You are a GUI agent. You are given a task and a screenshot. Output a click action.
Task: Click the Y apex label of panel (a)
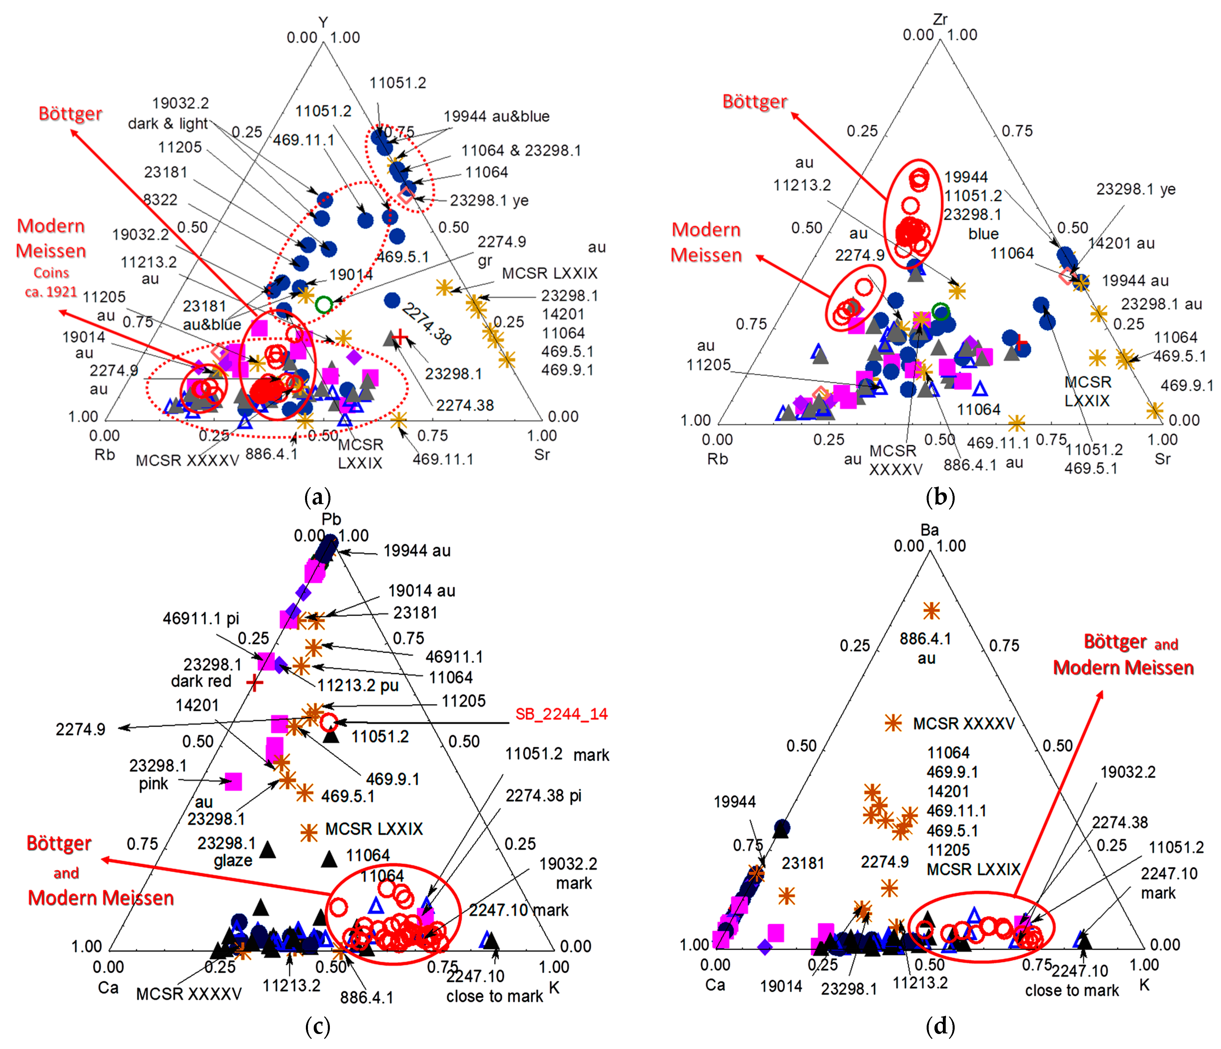(x=323, y=23)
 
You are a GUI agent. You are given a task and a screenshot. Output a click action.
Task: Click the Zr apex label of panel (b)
(x=940, y=19)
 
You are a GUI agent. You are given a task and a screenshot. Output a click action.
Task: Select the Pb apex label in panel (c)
(x=331, y=519)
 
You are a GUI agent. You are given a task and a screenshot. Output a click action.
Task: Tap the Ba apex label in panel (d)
(x=929, y=529)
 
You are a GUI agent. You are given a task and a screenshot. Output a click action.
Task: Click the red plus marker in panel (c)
(x=254, y=683)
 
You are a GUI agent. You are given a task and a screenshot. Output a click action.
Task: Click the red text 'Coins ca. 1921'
(x=51, y=282)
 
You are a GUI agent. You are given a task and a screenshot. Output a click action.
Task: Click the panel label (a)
(x=318, y=497)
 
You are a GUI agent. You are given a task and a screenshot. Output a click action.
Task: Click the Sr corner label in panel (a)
(x=542, y=454)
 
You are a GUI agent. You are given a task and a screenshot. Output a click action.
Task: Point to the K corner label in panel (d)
(x=1144, y=984)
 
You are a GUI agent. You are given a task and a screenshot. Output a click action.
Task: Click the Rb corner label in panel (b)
(x=717, y=458)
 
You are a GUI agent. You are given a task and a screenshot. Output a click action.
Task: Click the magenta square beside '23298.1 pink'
(x=233, y=781)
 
